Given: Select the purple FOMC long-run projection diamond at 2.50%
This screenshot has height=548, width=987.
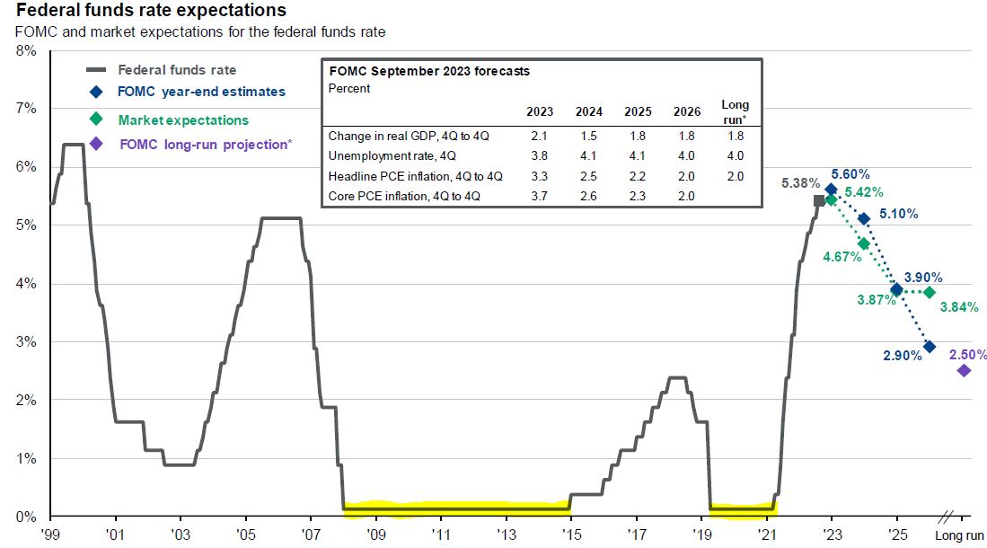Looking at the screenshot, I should (x=964, y=370).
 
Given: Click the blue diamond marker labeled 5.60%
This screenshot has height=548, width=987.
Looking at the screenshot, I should (x=831, y=190).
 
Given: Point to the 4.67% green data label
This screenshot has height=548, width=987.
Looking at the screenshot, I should (x=842, y=256).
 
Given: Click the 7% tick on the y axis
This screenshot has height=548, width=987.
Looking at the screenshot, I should (x=26, y=109).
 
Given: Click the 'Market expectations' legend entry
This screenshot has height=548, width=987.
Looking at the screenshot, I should (x=183, y=119).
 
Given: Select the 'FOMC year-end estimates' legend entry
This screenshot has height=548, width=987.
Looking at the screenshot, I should (x=201, y=92).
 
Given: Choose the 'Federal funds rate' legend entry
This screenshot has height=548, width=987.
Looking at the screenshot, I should (x=177, y=69).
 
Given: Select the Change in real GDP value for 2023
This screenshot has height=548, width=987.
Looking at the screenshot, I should (x=540, y=137).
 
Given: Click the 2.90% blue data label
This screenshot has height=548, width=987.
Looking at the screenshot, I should (x=903, y=356).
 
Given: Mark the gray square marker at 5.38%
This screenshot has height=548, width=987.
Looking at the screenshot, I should (x=818, y=200).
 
